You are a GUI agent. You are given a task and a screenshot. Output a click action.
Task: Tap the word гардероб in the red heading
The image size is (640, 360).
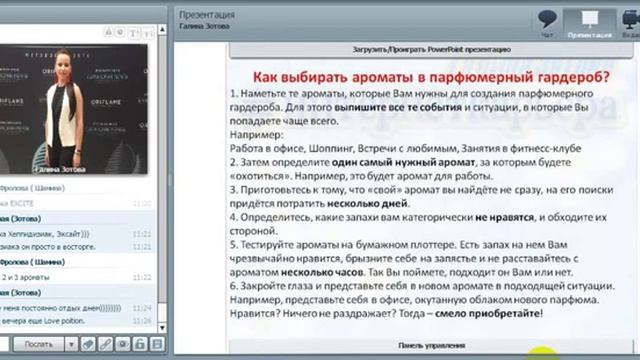pos(568,76)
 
